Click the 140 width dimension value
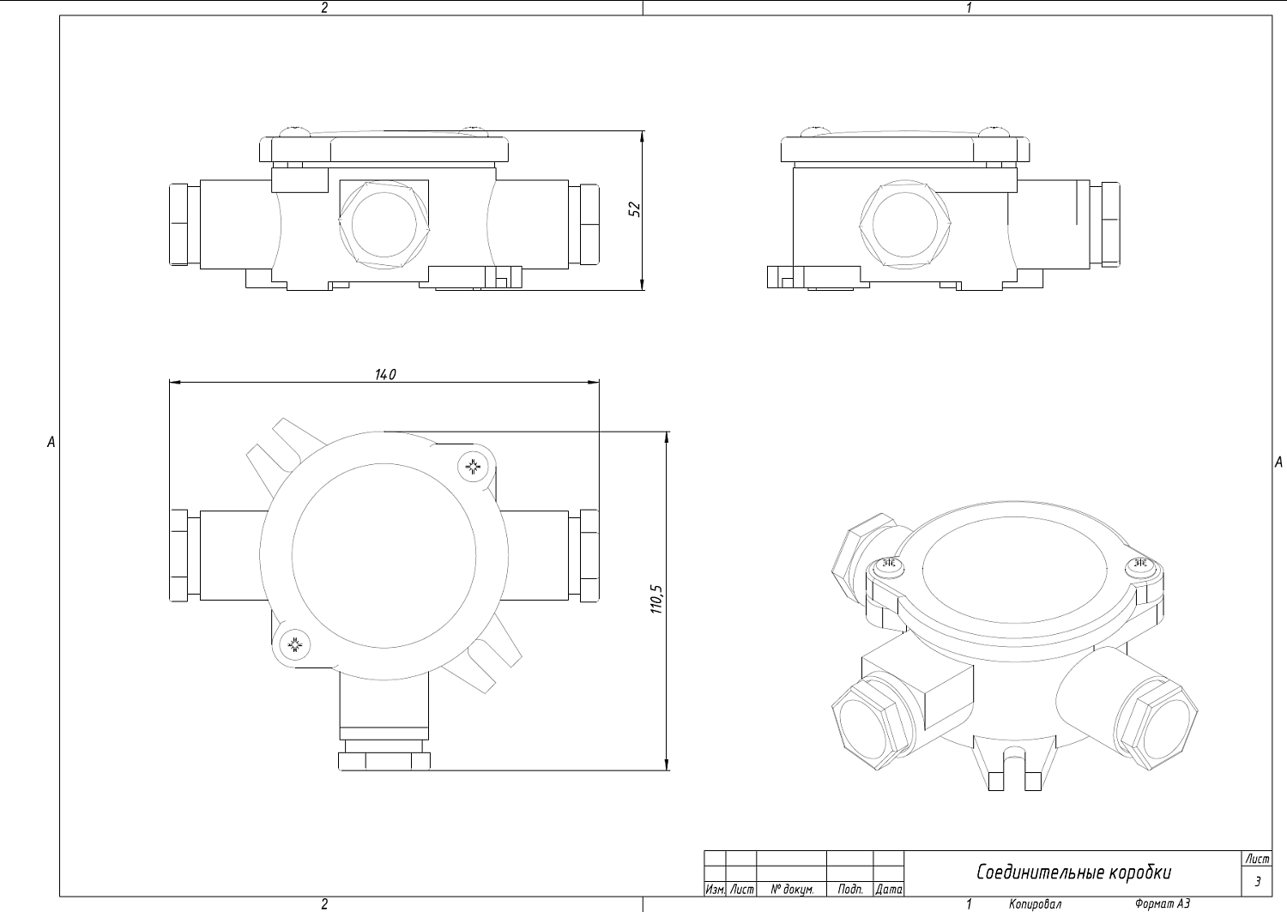[x=385, y=375]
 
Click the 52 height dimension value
[x=634, y=209]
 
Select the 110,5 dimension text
[x=656, y=600]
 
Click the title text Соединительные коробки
[x=1074, y=873]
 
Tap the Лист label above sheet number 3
[x=1257, y=859]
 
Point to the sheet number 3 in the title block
[x=1258, y=881]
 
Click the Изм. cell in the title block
[x=715, y=890]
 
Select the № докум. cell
[x=792, y=890]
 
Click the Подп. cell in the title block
[x=850, y=890]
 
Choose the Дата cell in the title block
[x=888, y=890]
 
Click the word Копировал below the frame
[x=1035, y=904]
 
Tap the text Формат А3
[x=1163, y=904]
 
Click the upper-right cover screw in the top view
[x=473, y=467]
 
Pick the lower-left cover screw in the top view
[x=295, y=645]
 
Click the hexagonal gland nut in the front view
[x=384, y=224]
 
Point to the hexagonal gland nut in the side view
[x=904, y=224]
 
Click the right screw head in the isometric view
[x=1142, y=566]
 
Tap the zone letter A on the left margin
[x=51, y=442]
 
